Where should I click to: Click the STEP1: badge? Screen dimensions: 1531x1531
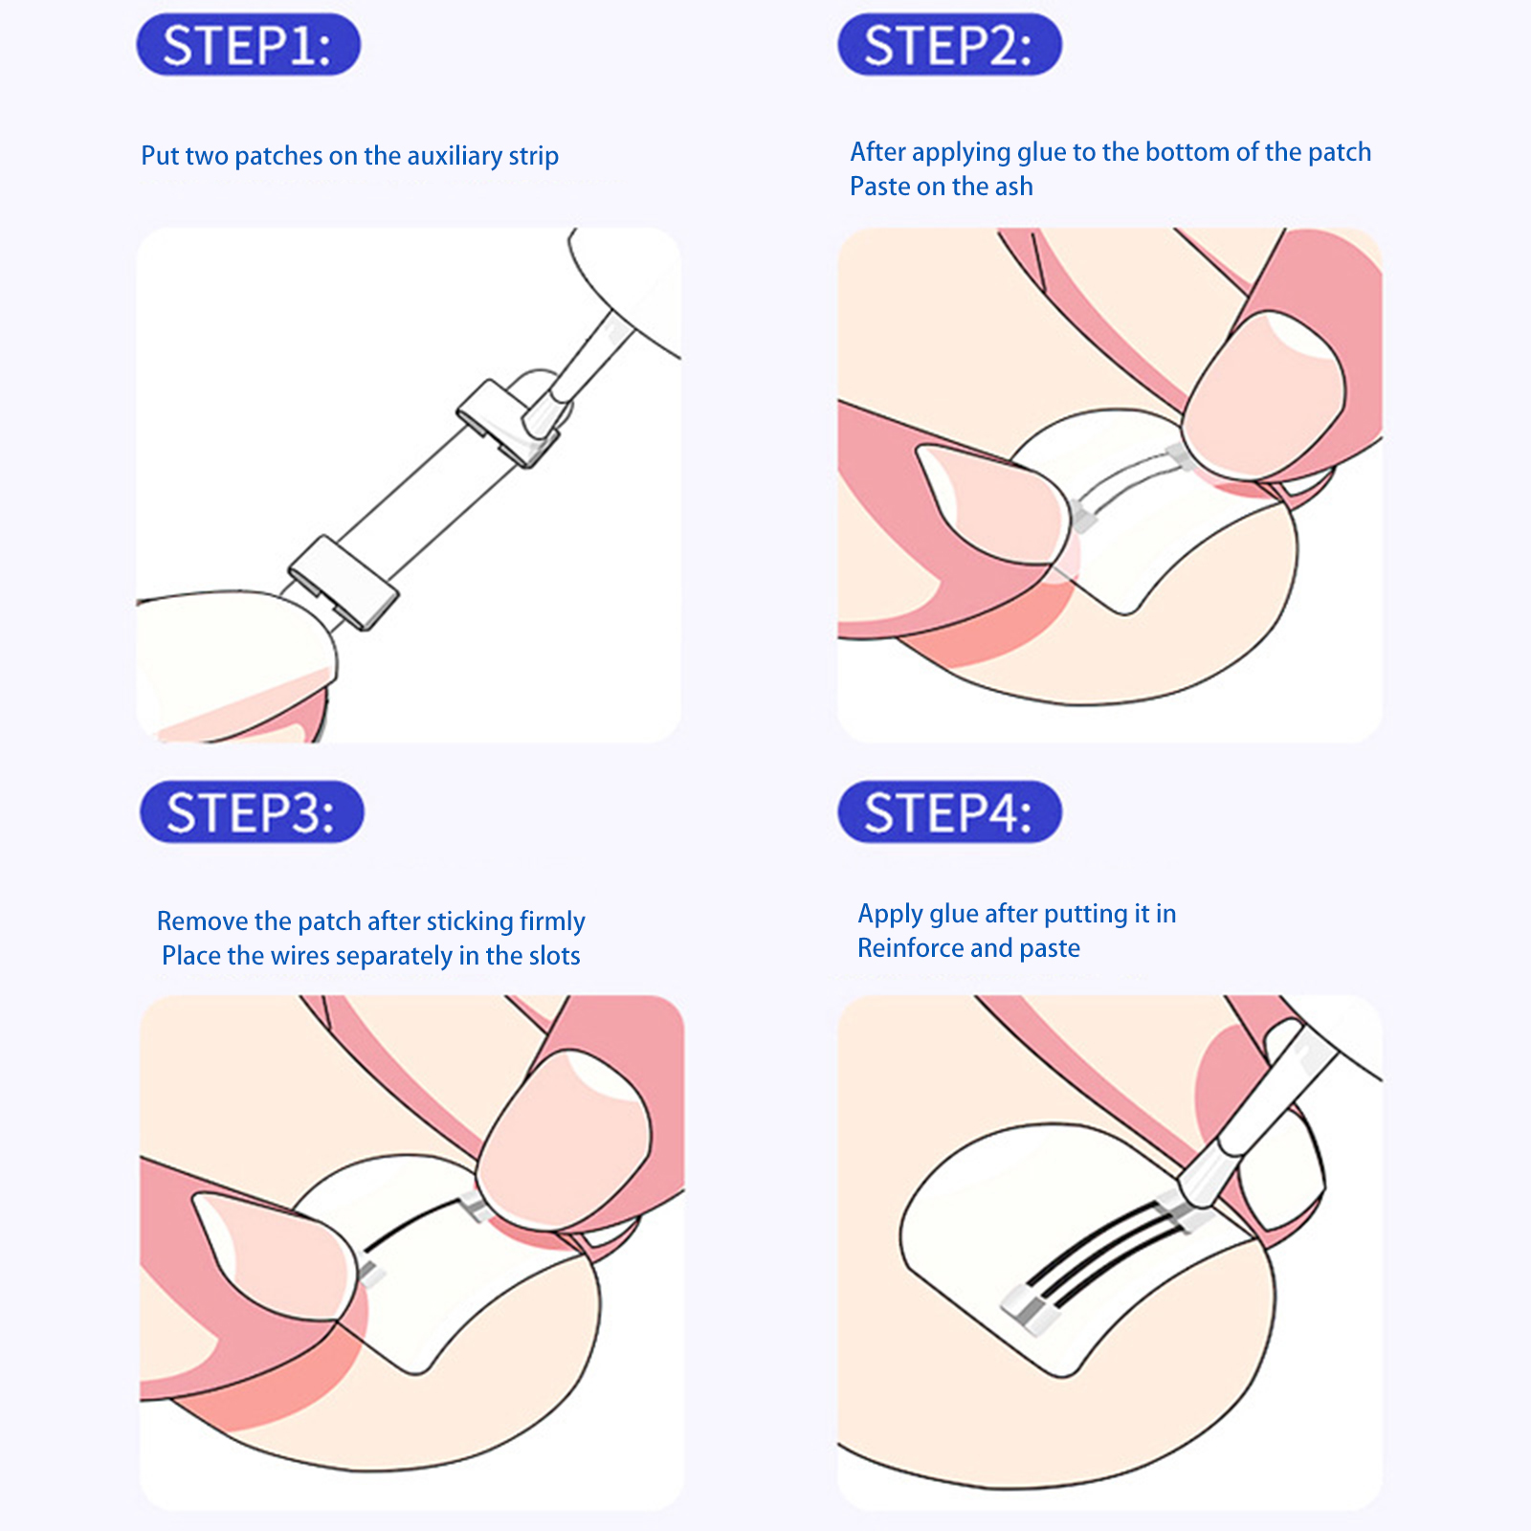coord(248,44)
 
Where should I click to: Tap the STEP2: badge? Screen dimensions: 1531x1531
coord(949,44)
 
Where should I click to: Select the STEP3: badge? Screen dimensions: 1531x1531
coord(252,812)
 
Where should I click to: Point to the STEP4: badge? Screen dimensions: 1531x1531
coord(949,812)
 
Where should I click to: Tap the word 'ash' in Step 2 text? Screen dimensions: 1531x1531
coord(1012,187)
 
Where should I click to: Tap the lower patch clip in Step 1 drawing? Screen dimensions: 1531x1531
coord(344,582)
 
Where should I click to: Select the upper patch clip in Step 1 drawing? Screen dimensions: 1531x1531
coord(505,422)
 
